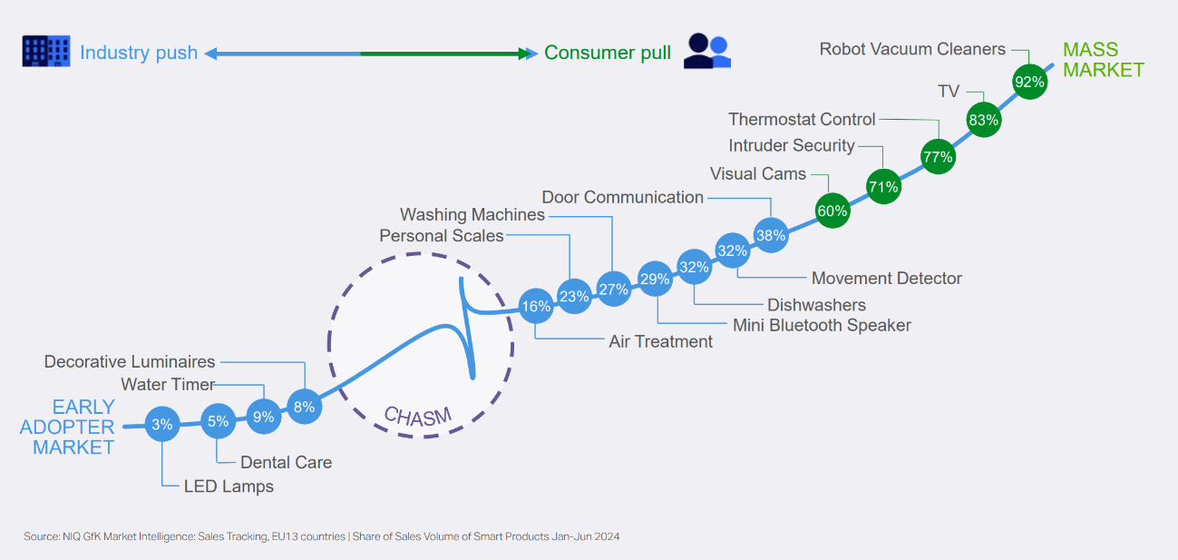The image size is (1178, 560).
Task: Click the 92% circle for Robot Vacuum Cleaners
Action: point(1029,83)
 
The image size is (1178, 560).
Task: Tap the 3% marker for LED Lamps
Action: point(162,423)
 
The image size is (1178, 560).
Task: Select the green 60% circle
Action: point(832,211)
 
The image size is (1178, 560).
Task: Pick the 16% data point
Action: point(536,306)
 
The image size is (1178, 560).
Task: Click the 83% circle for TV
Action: point(983,119)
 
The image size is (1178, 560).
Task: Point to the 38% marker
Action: point(770,234)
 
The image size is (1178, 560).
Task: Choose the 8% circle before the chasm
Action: point(304,407)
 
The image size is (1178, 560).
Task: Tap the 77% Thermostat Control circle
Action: point(938,157)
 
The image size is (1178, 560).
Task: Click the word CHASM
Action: point(417,416)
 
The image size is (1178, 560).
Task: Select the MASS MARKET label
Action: point(1103,60)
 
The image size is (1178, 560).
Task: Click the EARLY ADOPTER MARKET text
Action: point(68,427)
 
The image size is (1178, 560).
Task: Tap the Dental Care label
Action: point(286,462)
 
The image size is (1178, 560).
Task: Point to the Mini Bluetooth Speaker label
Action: point(822,325)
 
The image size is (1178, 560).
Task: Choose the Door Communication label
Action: point(622,197)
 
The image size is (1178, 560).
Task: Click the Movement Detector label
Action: point(886,278)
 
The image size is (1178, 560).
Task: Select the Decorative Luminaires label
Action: point(130,362)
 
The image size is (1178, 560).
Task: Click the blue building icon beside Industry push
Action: point(45,52)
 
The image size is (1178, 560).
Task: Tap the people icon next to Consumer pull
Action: point(707,52)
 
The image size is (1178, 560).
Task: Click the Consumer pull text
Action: point(608,53)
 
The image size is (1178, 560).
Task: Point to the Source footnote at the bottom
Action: point(322,536)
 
